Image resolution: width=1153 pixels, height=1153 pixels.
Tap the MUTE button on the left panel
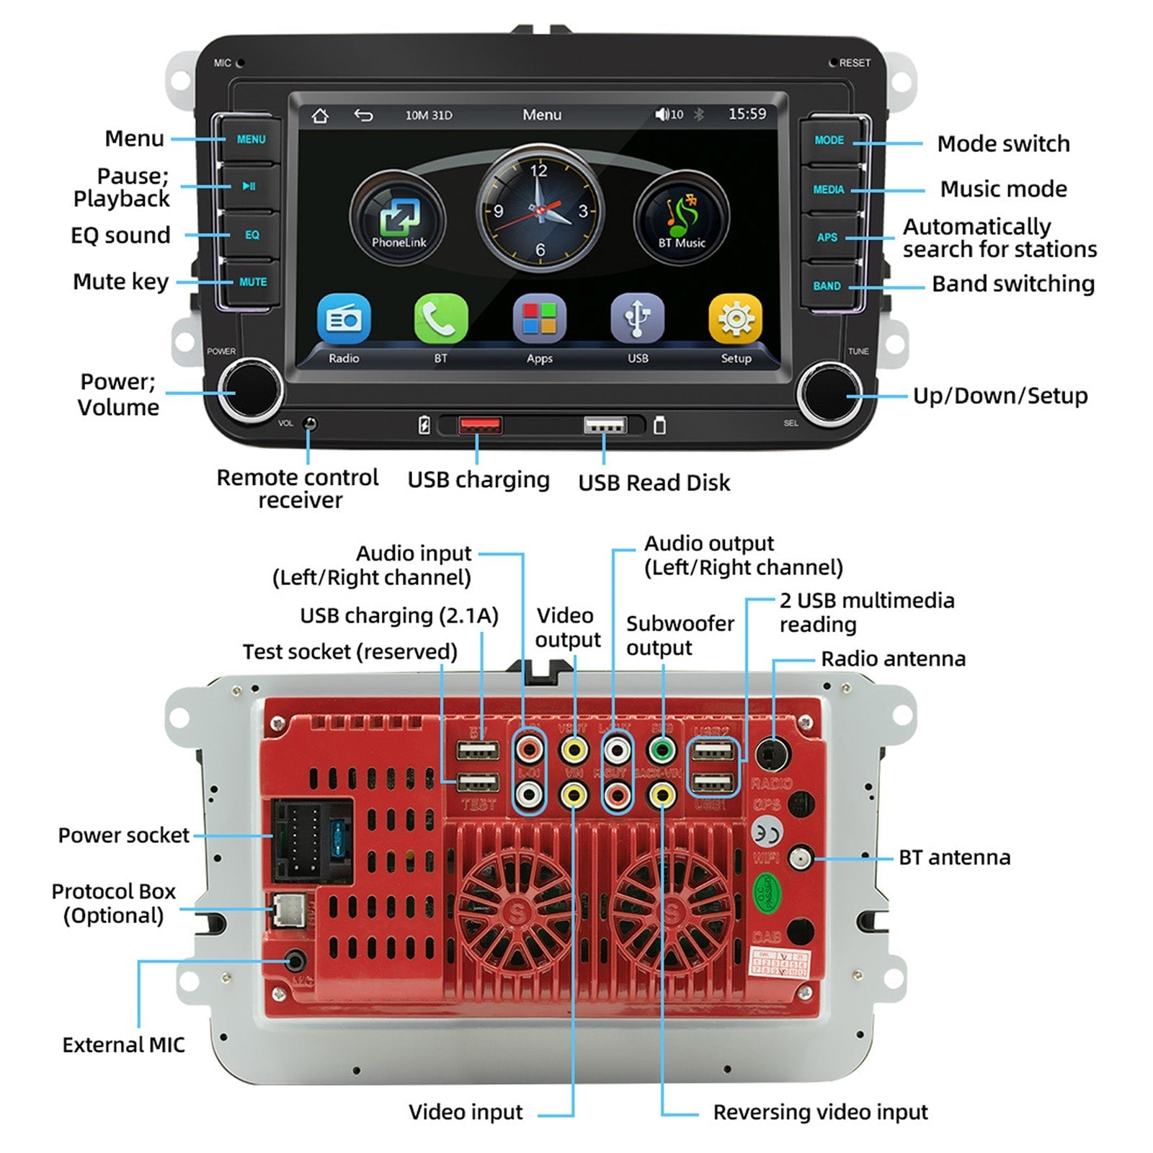[251, 282]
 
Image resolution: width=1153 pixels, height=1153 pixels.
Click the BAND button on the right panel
[827, 286]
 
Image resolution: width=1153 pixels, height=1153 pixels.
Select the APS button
[827, 237]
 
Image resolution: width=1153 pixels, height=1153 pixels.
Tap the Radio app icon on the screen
[344, 319]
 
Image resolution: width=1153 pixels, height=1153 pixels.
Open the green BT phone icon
[440, 319]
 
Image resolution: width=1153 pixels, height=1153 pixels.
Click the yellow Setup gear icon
[735, 319]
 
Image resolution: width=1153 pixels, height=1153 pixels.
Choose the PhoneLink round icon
[399, 217]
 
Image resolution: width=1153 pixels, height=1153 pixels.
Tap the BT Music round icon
[681, 217]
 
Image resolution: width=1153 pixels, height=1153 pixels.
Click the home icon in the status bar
[320, 115]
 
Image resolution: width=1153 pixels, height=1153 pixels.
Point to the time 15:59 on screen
[747, 114]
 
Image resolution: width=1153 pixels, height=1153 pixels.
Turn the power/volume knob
[250, 392]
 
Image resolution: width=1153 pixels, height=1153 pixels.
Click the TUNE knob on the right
[829, 393]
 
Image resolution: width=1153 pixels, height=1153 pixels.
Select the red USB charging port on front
[480, 425]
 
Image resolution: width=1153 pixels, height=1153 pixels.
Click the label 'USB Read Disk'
[654, 483]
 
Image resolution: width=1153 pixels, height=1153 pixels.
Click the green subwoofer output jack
[662, 751]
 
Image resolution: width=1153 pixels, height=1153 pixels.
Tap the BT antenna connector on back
[800, 858]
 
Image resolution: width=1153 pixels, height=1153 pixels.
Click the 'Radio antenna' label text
[893, 659]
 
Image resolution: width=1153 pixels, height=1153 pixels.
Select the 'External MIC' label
[123, 1045]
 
